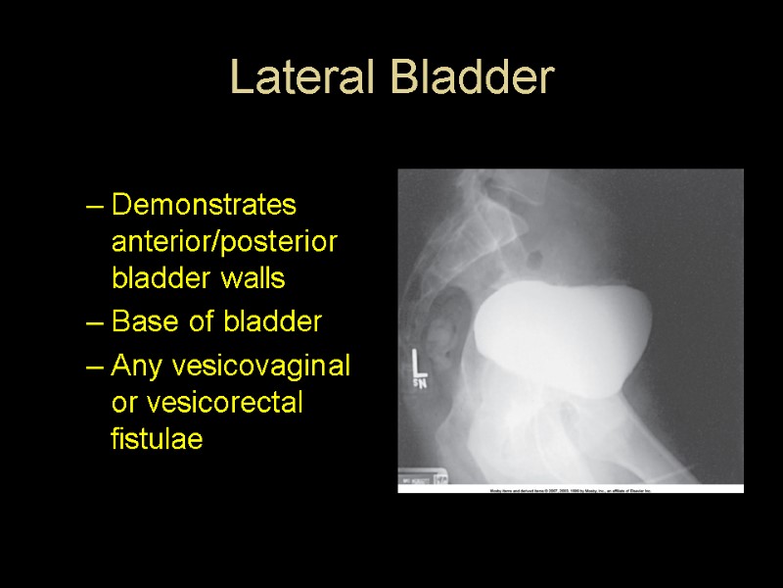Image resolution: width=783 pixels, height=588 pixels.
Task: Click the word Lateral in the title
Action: pyautogui.click(x=299, y=78)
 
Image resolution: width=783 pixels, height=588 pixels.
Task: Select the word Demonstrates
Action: pyautogui.click(x=204, y=206)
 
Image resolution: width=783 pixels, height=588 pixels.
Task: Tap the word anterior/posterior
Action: pyautogui.click(x=224, y=242)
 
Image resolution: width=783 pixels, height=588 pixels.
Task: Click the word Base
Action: pyautogui.click(x=142, y=321)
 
